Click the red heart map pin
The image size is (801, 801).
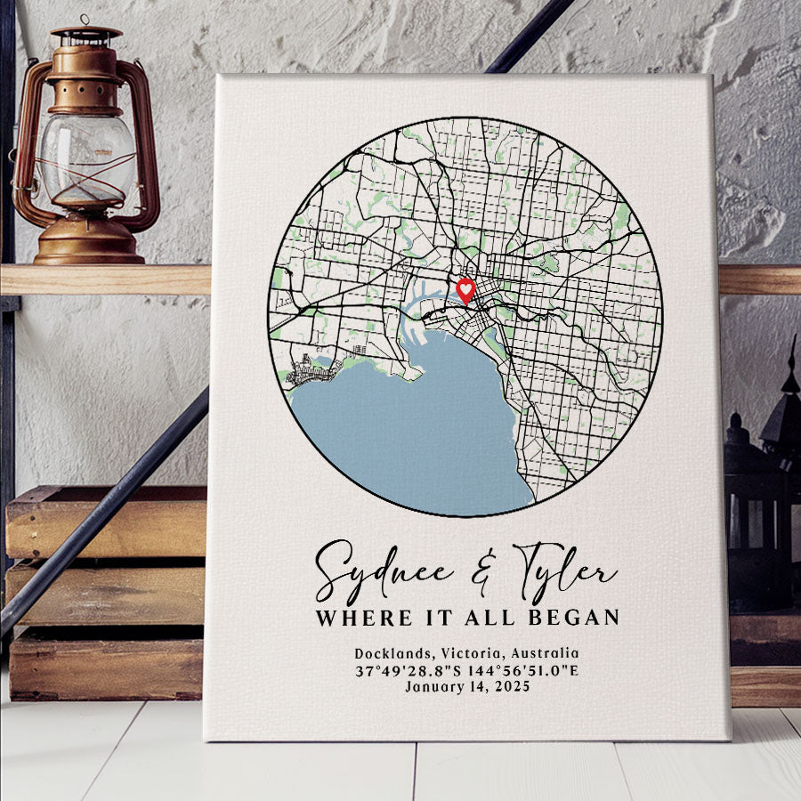[465, 290]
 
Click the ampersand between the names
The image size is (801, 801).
[482, 574]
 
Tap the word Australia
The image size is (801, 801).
[544, 653]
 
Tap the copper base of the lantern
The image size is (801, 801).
[89, 245]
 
